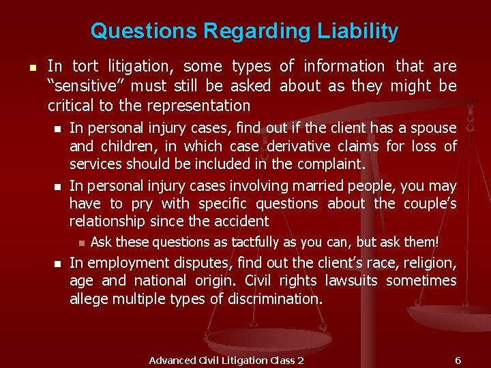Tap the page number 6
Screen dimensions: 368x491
pyautogui.click(x=458, y=360)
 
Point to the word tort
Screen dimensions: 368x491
pyautogui.click(x=84, y=66)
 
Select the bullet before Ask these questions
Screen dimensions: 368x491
pyautogui.click(x=80, y=243)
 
